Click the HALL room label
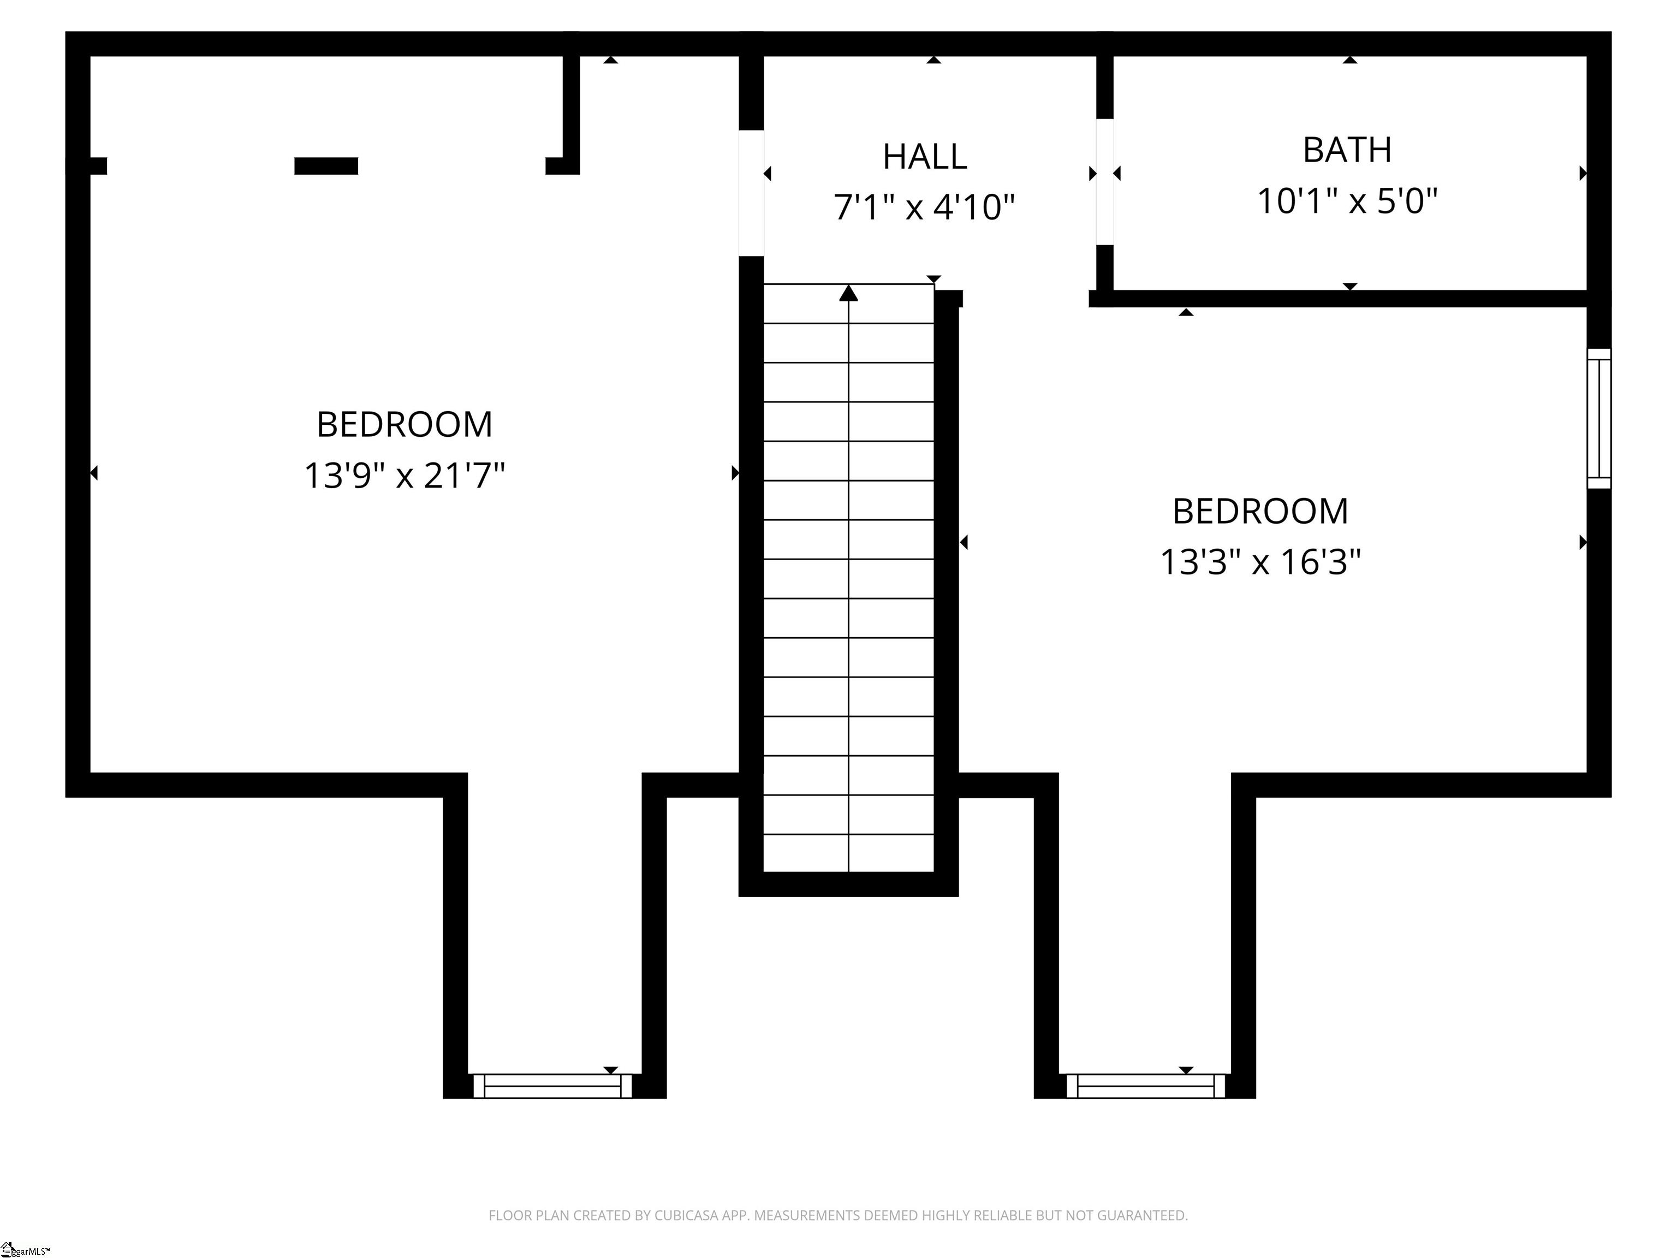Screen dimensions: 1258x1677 (924, 157)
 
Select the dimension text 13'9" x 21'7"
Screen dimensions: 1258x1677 (404, 476)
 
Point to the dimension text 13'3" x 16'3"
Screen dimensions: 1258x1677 (1260, 562)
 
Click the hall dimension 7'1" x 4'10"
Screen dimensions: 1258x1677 (924, 207)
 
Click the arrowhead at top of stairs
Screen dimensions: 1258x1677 (848, 293)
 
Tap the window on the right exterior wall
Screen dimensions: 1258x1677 (1598, 419)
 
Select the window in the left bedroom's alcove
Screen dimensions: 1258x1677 (552, 1086)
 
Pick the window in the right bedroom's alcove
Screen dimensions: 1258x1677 (1145, 1086)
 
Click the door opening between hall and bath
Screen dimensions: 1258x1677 (1104, 182)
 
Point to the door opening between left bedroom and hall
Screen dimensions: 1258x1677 (751, 193)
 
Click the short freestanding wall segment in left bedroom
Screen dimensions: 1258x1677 (326, 166)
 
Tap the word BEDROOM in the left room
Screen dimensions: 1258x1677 (404, 425)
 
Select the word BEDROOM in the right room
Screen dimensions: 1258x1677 (1260, 512)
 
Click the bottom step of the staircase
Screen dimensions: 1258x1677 (848, 853)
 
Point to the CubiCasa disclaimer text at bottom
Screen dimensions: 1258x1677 (838, 1215)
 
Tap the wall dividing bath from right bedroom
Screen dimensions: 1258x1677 (1342, 298)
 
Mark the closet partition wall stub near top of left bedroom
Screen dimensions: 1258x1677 (571, 110)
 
